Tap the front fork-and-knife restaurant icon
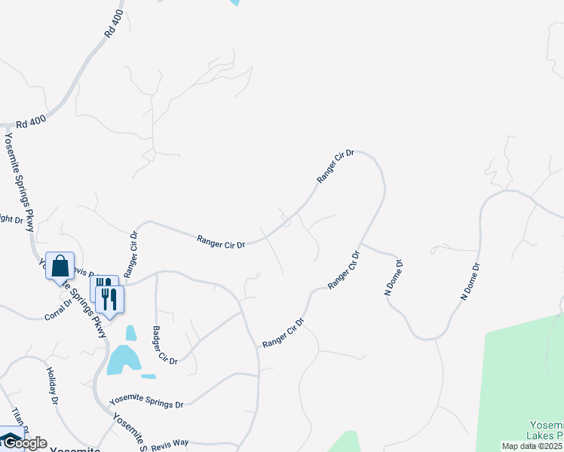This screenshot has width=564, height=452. pos(110,300)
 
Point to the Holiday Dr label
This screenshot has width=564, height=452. pos(52,386)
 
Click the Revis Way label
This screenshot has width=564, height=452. pos(170,443)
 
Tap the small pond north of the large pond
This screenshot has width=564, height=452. pos(131,332)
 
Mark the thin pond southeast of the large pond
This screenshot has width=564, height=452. pos(149,376)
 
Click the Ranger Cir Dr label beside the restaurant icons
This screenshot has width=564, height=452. pos(132,254)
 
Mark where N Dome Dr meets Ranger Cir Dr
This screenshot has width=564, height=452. pos(360,243)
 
